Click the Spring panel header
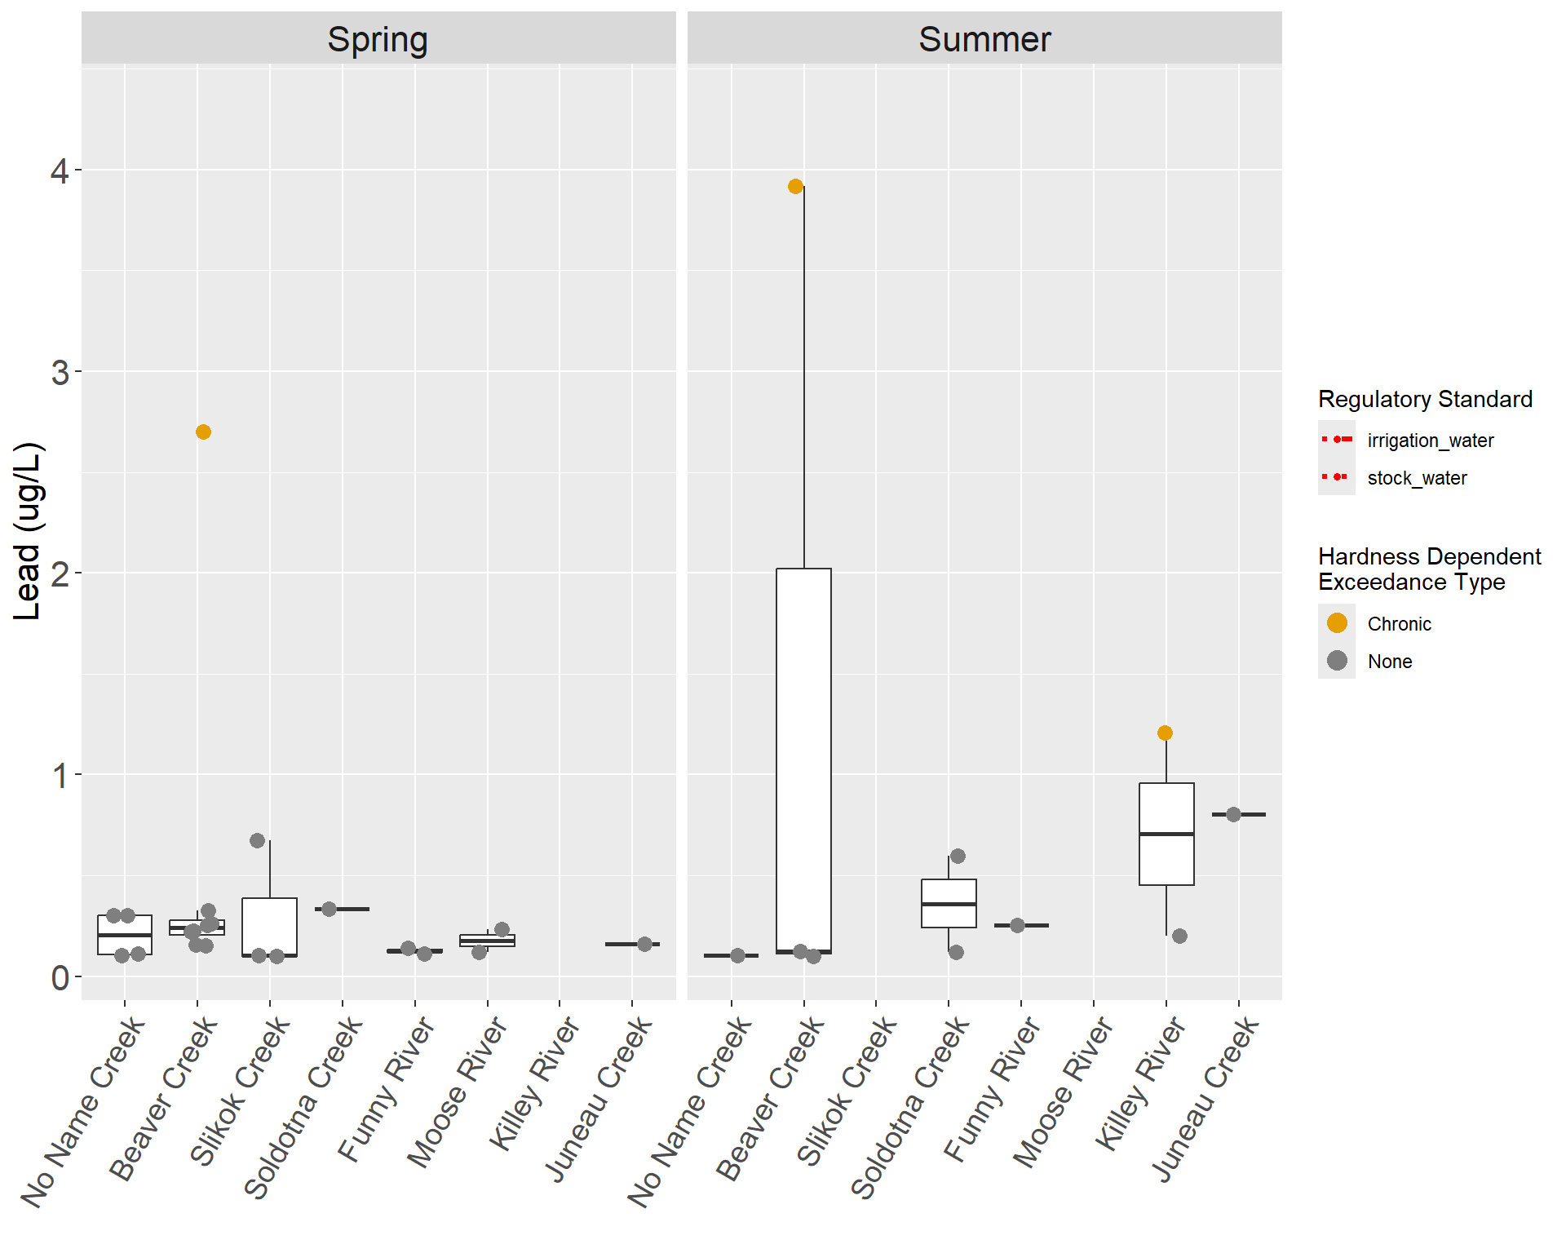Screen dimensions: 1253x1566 click(x=378, y=39)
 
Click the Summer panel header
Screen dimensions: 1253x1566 click(x=984, y=39)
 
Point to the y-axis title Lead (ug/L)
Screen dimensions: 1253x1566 click(x=28, y=532)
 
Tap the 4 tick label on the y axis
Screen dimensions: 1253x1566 click(x=60, y=170)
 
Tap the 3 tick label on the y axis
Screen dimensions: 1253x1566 click(x=60, y=372)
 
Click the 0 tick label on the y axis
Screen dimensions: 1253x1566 click(x=60, y=976)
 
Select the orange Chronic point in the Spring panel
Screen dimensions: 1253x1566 click(x=203, y=432)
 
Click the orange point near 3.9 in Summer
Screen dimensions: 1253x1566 click(x=795, y=186)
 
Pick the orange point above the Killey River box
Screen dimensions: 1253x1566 click(x=1165, y=733)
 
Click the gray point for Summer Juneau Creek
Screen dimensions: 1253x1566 click(x=1233, y=814)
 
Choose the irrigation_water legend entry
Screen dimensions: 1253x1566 click(x=1430, y=441)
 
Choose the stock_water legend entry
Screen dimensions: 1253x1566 click(x=1417, y=478)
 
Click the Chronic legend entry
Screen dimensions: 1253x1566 click(x=1399, y=624)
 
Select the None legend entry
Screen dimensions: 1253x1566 click(x=1389, y=662)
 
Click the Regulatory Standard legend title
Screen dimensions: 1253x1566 click(x=1425, y=399)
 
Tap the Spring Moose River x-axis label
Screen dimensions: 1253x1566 click(x=457, y=1093)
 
